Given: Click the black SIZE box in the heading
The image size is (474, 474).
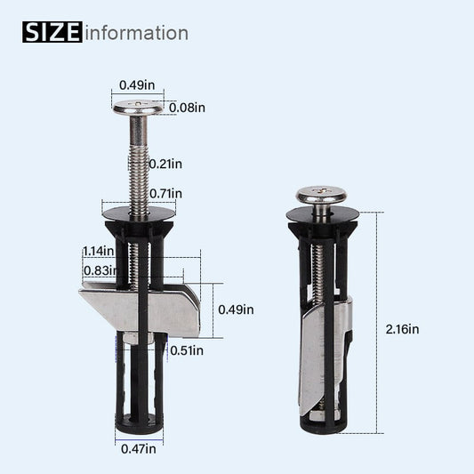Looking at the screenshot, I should point(51,33).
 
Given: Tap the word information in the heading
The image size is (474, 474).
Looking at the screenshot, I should point(136,34).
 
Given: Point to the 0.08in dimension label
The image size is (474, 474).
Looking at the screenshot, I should point(187,108).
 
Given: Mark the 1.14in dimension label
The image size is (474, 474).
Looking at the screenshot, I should point(99,251).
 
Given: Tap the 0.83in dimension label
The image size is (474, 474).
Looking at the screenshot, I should point(99,270).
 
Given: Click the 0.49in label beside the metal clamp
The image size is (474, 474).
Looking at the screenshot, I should point(236,309).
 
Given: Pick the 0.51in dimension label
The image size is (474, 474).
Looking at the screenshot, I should point(186,349).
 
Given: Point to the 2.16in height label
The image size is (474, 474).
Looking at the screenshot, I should point(401,328).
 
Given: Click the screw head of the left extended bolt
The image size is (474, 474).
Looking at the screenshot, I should point(141,108).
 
